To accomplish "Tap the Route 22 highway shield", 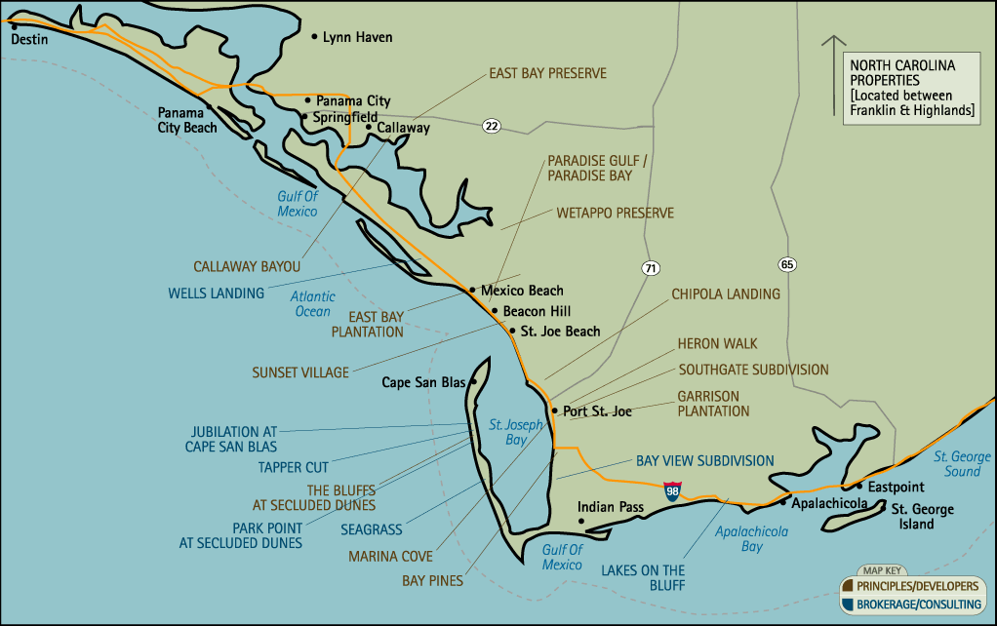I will [491, 125].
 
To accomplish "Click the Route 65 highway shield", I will [786, 264].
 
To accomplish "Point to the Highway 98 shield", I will [672, 489].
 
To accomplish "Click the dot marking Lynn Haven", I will [314, 37].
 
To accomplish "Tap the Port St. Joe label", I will [597, 411].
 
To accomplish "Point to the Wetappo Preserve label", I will [615, 213].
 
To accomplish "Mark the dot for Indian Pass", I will [581, 522].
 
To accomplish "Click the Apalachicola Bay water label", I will [751, 539].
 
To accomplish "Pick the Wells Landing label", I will [216, 293].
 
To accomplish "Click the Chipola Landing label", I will [725, 293].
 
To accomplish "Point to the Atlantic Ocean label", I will [313, 304].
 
